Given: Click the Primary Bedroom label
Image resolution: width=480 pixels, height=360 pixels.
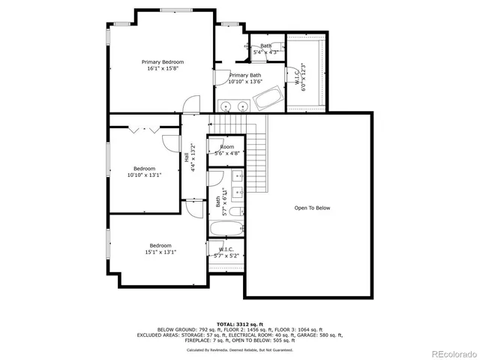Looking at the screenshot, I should click(163, 62).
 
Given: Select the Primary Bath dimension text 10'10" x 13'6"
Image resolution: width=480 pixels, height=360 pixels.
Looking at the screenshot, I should click(245, 82).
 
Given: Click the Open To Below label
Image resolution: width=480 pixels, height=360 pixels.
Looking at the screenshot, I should click(312, 208).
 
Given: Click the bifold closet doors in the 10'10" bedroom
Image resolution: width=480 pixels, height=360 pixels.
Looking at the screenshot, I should click(144, 130).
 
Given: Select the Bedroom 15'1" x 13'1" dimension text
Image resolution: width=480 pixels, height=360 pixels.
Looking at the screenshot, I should click(160, 252).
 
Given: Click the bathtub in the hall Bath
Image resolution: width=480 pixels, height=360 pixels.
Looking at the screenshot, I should click(226, 229).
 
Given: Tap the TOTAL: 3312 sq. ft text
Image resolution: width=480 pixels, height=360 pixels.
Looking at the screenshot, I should click(240, 323).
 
